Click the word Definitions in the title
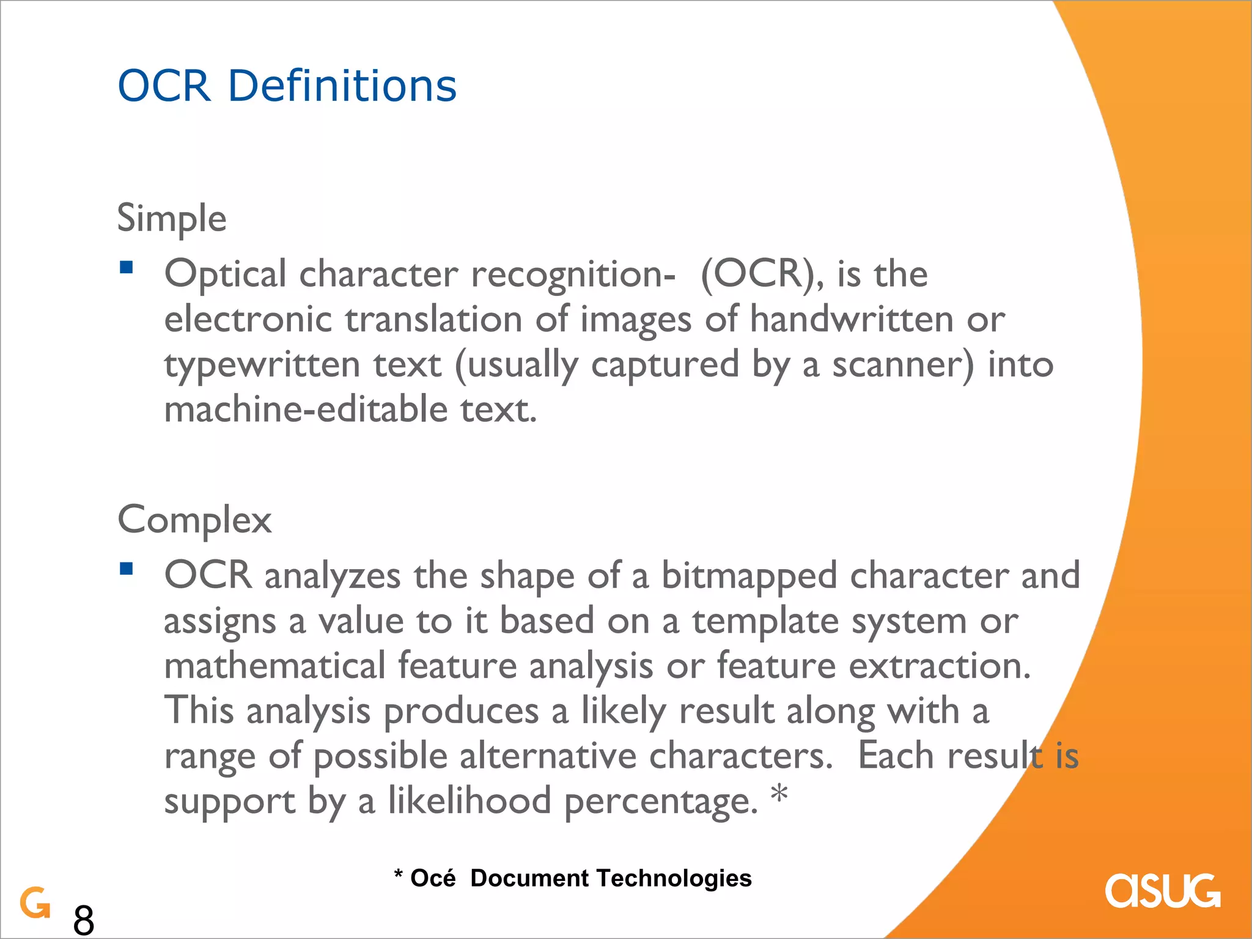pos(342,86)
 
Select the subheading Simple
pos(172,218)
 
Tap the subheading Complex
pos(194,520)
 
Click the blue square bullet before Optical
pos(127,267)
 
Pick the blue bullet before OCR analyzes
pos(127,569)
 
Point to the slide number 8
pos(84,919)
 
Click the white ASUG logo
pos(1162,891)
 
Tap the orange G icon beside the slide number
pos(35,902)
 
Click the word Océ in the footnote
pos(433,878)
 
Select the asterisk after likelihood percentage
pos(779,795)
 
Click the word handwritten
pos(852,319)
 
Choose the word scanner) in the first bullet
pos(903,365)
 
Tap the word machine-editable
pos(306,410)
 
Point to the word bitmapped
pos(749,576)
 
